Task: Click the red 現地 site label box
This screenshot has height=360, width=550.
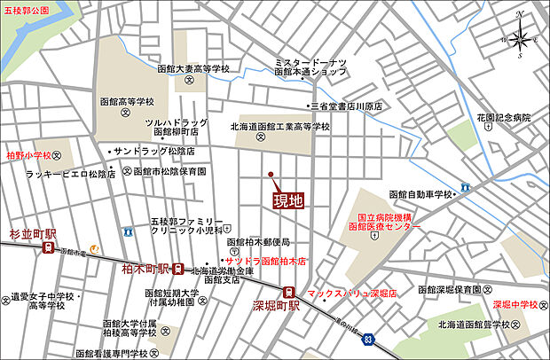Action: point(288,200)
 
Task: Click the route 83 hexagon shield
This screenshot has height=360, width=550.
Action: point(368,338)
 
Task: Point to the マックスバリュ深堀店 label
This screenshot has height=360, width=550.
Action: point(351,292)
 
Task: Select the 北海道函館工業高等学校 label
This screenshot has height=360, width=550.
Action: point(279,127)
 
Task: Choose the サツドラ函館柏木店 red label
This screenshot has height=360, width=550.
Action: point(264,261)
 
